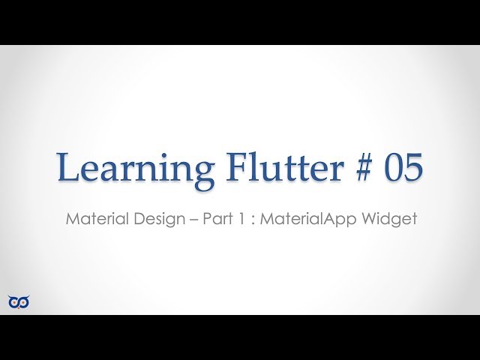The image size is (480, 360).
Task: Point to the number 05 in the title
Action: click(402, 167)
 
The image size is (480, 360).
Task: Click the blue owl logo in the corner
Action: click(19, 301)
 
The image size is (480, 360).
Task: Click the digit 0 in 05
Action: click(391, 167)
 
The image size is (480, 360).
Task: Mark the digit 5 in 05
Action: click(413, 167)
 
